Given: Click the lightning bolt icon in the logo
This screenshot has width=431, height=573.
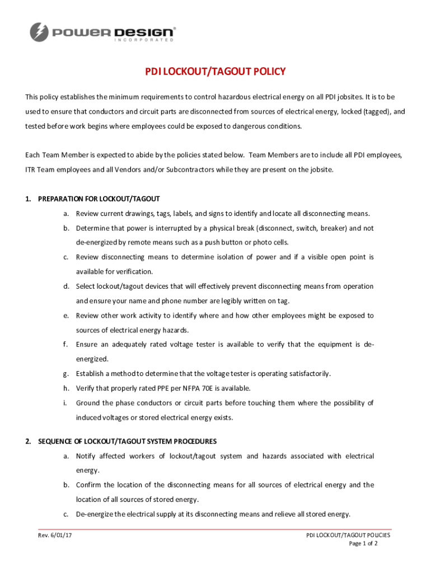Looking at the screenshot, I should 39,31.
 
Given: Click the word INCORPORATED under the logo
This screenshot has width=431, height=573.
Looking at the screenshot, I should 144,40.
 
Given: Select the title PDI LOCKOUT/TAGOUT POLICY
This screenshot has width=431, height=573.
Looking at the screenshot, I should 215,72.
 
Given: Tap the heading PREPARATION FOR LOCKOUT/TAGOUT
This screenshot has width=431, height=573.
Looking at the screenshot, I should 99,199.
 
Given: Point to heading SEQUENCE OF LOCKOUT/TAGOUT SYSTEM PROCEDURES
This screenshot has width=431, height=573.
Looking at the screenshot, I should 127,442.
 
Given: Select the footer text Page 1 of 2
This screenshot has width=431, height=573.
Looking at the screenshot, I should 363,543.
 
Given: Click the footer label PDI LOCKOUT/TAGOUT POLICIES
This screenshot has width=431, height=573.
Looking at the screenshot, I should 348,535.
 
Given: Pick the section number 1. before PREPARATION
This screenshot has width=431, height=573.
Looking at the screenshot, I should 28,199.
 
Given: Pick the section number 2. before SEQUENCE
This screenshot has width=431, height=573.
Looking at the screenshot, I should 28,442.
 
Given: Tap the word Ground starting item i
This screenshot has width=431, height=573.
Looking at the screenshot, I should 88,403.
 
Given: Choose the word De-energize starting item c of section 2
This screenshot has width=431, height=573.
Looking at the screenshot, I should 96,514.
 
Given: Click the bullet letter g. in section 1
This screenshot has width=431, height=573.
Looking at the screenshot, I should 66,374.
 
